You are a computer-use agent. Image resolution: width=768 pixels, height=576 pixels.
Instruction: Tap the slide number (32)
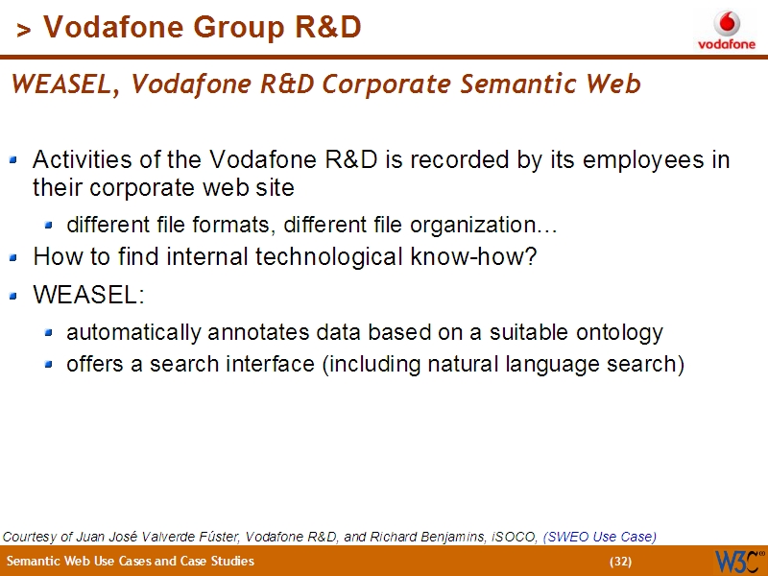621,562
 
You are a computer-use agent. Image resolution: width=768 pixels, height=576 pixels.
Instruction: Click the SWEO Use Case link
600,537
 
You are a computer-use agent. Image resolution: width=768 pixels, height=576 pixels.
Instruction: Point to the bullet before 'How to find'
13,257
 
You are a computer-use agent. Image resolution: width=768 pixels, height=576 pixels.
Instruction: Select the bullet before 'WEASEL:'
13,295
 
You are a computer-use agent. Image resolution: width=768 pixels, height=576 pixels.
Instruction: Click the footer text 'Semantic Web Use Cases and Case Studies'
131,562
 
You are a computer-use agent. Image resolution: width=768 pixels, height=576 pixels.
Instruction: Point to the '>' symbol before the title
24,32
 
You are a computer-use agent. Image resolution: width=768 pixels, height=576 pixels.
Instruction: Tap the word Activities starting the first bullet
78,159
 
